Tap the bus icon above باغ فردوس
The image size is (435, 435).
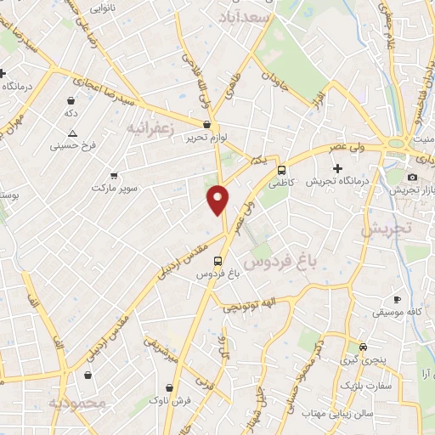tap(219, 260)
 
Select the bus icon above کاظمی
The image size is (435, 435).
tap(281, 168)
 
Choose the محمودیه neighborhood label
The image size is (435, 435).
tap(76, 402)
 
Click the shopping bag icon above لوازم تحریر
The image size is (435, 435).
tap(206, 124)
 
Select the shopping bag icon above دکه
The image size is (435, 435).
tap(71, 99)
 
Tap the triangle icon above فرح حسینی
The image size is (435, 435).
tap(72, 133)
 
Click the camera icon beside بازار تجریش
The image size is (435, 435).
tap(412, 177)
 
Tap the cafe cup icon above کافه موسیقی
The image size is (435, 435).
tap(397, 299)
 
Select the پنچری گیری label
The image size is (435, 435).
tap(364, 361)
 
